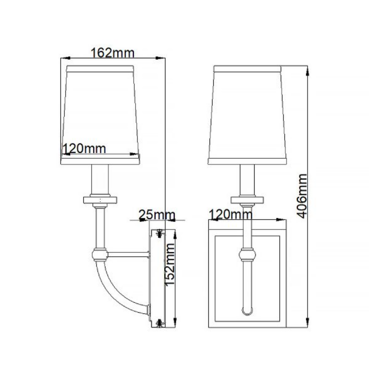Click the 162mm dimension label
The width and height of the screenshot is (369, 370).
click(x=112, y=53)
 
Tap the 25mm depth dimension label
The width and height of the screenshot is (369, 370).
click(x=157, y=215)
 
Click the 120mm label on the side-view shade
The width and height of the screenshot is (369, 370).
click(x=84, y=149)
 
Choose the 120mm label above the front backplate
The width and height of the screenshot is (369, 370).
click(x=231, y=214)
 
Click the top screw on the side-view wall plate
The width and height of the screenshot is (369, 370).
click(x=160, y=233)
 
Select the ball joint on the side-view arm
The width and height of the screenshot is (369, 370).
click(x=100, y=255)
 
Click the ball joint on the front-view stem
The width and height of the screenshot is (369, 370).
click(x=247, y=254)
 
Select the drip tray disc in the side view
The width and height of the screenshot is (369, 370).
click(x=100, y=200)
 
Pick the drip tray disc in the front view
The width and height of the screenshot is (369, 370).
click(x=247, y=200)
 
